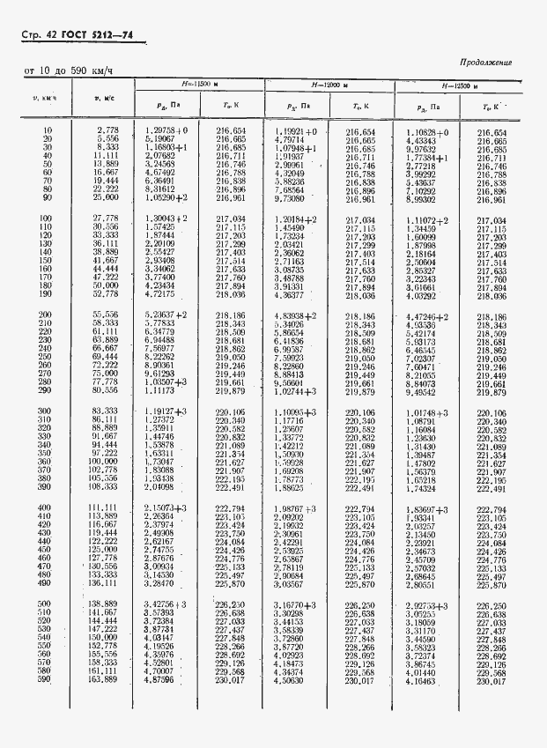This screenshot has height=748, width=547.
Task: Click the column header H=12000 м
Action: (329, 85)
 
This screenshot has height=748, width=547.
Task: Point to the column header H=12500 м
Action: (458, 86)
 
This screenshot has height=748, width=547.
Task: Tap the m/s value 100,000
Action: (103, 461)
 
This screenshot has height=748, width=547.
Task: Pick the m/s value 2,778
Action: (107, 130)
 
